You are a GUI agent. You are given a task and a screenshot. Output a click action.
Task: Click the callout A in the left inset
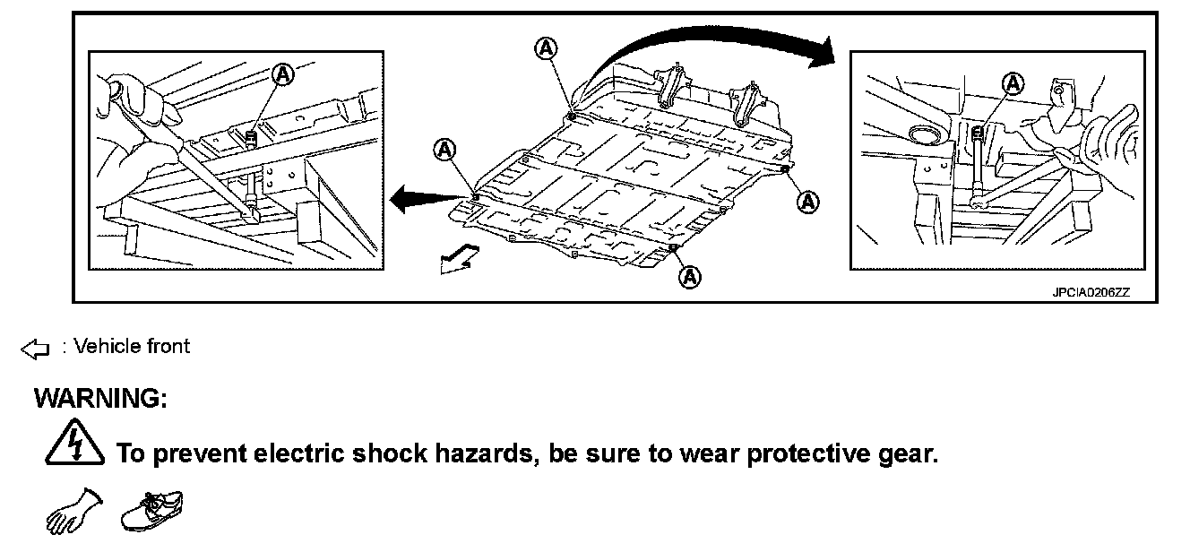click(x=282, y=74)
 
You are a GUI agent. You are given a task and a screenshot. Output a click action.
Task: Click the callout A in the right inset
click(x=1013, y=83)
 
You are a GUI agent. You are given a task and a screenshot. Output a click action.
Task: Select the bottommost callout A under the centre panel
click(x=690, y=278)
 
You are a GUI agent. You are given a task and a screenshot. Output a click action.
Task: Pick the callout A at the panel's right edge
click(x=808, y=201)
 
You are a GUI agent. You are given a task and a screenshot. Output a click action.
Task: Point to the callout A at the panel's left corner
click(x=444, y=151)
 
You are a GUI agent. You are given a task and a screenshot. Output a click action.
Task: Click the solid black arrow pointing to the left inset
click(x=421, y=197)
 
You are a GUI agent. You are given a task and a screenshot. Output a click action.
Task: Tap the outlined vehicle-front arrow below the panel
click(x=458, y=261)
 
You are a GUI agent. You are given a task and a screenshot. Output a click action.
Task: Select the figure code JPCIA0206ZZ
click(x=1091, y=292)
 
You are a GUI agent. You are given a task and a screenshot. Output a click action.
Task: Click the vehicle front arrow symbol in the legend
click(x=34, y=348)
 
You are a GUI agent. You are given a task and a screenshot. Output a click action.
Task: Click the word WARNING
click(x=100, y=399)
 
